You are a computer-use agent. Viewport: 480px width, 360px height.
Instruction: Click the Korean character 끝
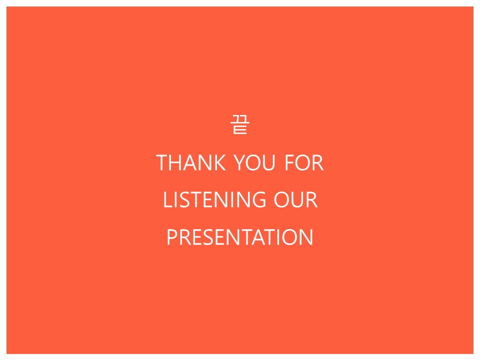point(240,124)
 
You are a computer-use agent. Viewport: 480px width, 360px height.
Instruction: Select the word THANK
point(191,162)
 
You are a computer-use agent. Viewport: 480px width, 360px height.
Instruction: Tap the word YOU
point(254,162)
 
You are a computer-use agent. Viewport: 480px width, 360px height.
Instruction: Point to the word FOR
point(304,162)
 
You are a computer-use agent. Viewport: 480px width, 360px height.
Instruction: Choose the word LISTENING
point(214,200)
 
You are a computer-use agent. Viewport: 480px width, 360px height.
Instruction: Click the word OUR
point(295,200)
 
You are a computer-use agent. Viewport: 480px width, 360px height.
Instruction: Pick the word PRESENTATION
point(240,237)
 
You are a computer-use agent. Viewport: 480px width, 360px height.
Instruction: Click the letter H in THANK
point(176,162)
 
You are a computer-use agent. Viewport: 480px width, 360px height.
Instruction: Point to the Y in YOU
point(240,162)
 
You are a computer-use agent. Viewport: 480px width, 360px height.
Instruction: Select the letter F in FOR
point(289,162)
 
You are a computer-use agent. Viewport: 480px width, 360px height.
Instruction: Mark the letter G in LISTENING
point(258,200)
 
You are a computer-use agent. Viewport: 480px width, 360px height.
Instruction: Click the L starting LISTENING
point(168,200)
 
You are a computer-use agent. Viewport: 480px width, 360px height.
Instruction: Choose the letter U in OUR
point(297,200)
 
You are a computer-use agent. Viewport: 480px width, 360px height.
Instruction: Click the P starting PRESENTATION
point(172,237)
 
